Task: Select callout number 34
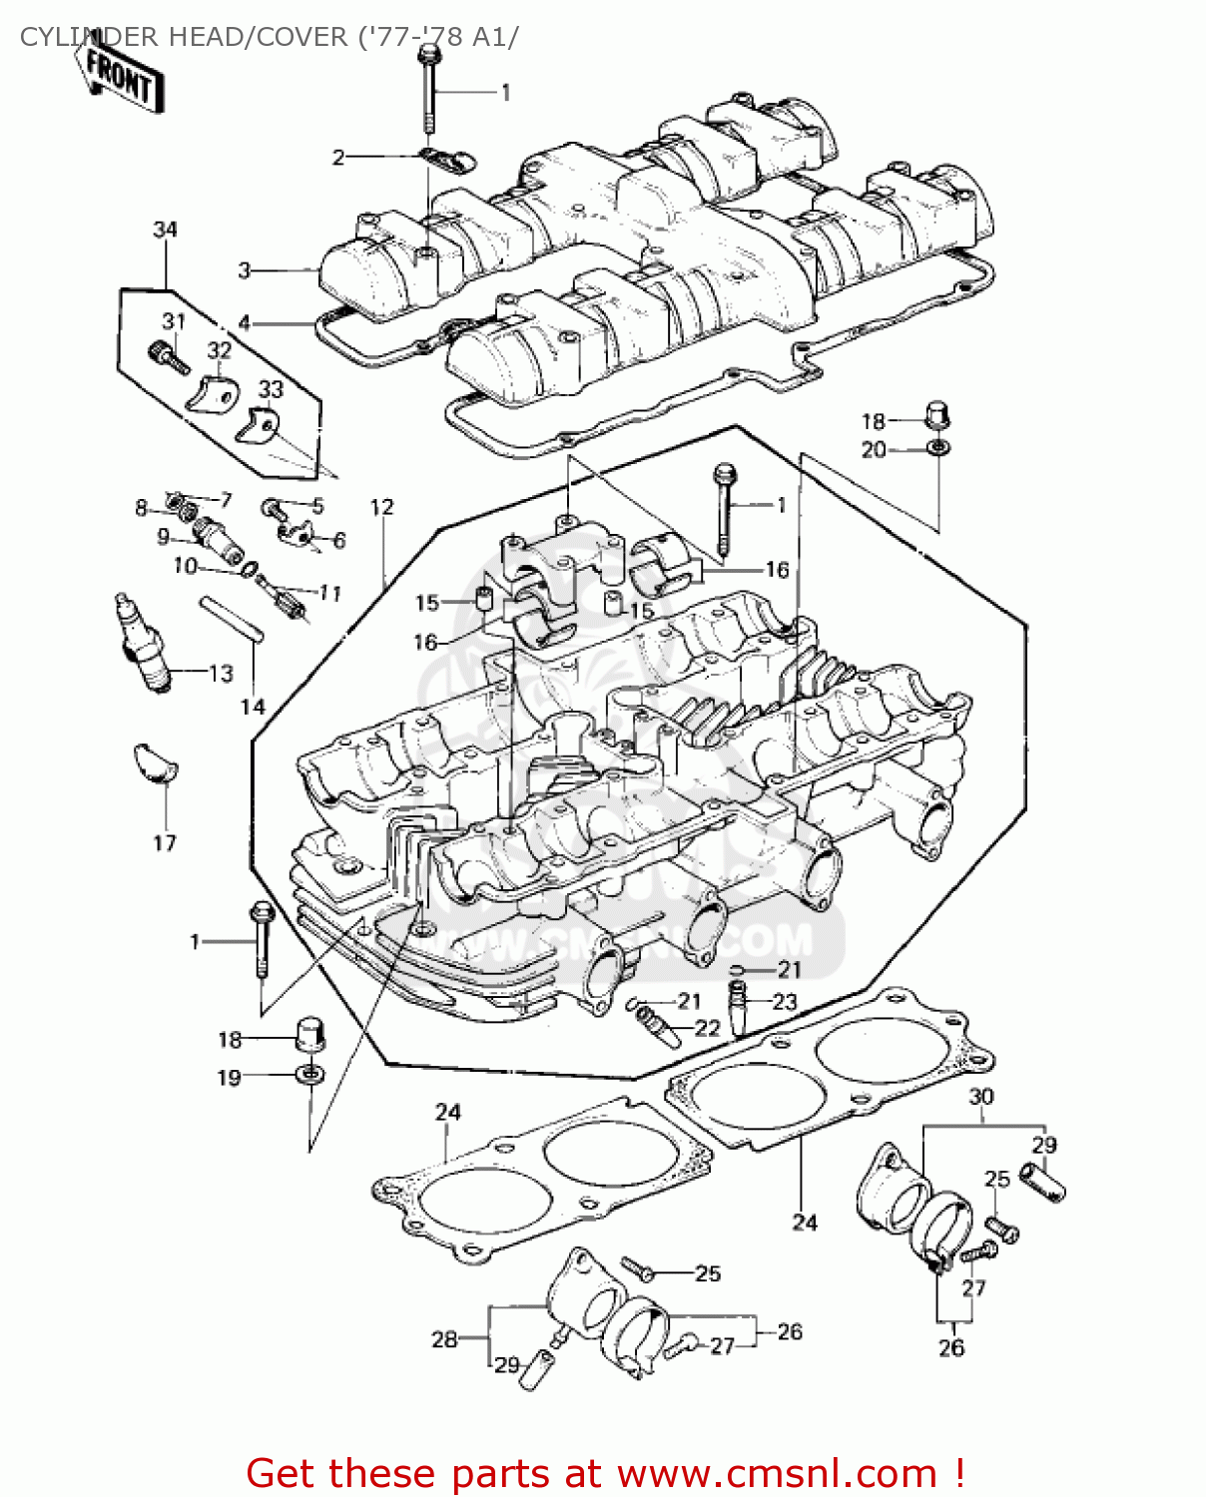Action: coord(165,230)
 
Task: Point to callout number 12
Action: coord(382,507)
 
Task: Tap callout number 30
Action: coord(981,1096)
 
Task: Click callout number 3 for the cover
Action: coord(245,269)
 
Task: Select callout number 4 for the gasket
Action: coord(245,322)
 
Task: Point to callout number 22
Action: coord(707,1028)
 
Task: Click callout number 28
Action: coord(444,1339)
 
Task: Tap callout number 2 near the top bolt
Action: coord(338,157)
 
